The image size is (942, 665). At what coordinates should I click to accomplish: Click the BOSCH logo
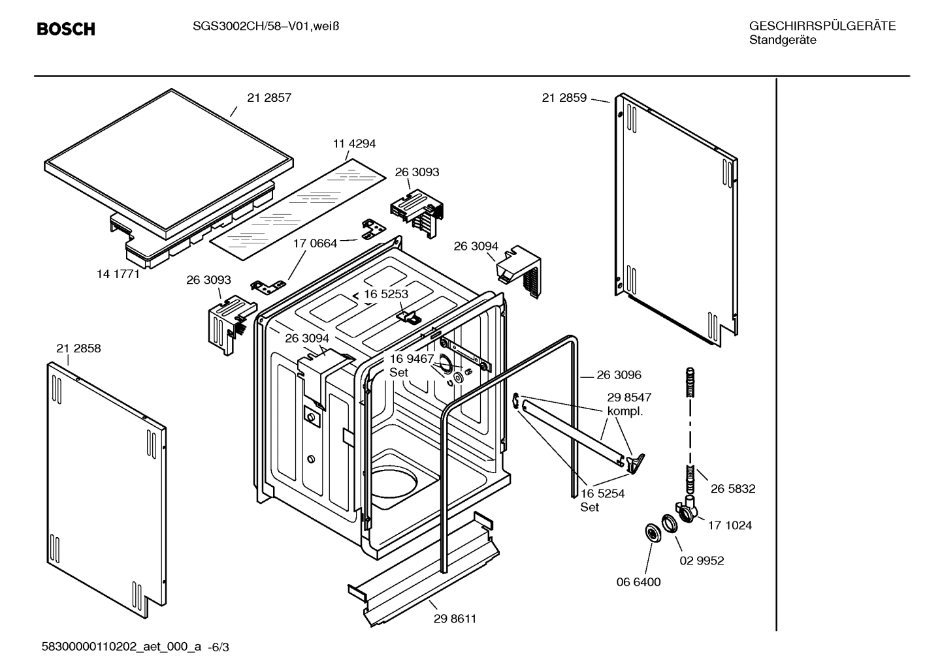[x=66, y=29]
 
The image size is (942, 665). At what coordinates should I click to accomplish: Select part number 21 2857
[x=268, y=98]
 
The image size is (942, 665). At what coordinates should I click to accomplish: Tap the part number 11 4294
[x=354, y=144]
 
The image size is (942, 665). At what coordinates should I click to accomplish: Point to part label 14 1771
[x=118, y=274]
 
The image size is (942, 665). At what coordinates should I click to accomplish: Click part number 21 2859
[x=564, y=98]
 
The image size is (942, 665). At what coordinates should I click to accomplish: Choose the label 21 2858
[x=78, y=348]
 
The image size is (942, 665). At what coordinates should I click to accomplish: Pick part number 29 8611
[x=455, y=619]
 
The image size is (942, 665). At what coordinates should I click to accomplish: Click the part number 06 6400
[x=638, y=582]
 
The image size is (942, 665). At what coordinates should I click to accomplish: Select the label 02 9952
[x=702, y=561]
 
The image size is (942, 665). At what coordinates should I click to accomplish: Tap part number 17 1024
[x=730, y=525]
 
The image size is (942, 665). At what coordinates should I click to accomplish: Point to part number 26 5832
[x=733, y=489]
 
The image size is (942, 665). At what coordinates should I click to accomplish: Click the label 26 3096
[x=619, y=375]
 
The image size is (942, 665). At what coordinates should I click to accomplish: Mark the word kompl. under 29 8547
[x=625, y=411]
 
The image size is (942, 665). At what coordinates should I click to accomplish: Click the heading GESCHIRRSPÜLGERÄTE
[x=822, y=26]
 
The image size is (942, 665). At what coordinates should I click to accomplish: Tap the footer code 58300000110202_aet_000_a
[x=122, y=647]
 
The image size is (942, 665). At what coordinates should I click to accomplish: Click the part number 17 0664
[x=315, y=243]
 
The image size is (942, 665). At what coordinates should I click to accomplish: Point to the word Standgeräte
[x=783, y=40]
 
